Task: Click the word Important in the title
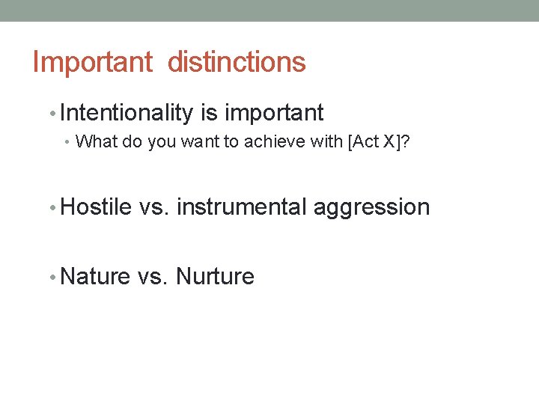[x=92, y=62]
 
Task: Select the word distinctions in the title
[x=237, y=62]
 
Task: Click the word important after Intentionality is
[x=274, y=113]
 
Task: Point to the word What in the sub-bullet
[x=93, y=141]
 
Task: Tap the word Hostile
[x=96, y=206]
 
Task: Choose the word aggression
[x=371, y=207]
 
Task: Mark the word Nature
[x=95, y=277]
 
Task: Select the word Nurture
[x=215, y=277]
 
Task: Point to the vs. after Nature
[x=153, y=277]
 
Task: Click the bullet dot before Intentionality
[x=51, y=114]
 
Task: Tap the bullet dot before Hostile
[x=51, y=207]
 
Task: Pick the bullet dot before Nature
[x=51, y=278]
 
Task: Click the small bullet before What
[x=69, y=142]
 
